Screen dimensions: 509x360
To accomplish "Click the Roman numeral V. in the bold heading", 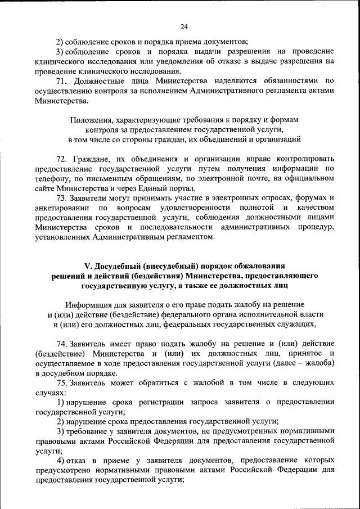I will click(88, 265).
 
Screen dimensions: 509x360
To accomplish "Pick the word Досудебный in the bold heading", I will click(120, 265).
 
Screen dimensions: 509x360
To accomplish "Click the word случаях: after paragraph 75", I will click(49, 392).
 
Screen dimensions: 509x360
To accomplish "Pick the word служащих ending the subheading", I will click(294, 325).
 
